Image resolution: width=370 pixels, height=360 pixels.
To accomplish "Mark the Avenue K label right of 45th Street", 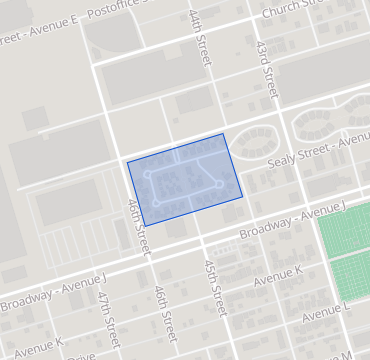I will click(x=278, y=275).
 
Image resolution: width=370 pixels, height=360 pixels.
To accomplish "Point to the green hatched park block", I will click(x=344, y=251).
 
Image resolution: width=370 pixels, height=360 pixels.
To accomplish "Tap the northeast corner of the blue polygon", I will click(x=223, y=133).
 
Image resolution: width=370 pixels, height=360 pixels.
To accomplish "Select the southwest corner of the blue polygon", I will click(x=146, y=224).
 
